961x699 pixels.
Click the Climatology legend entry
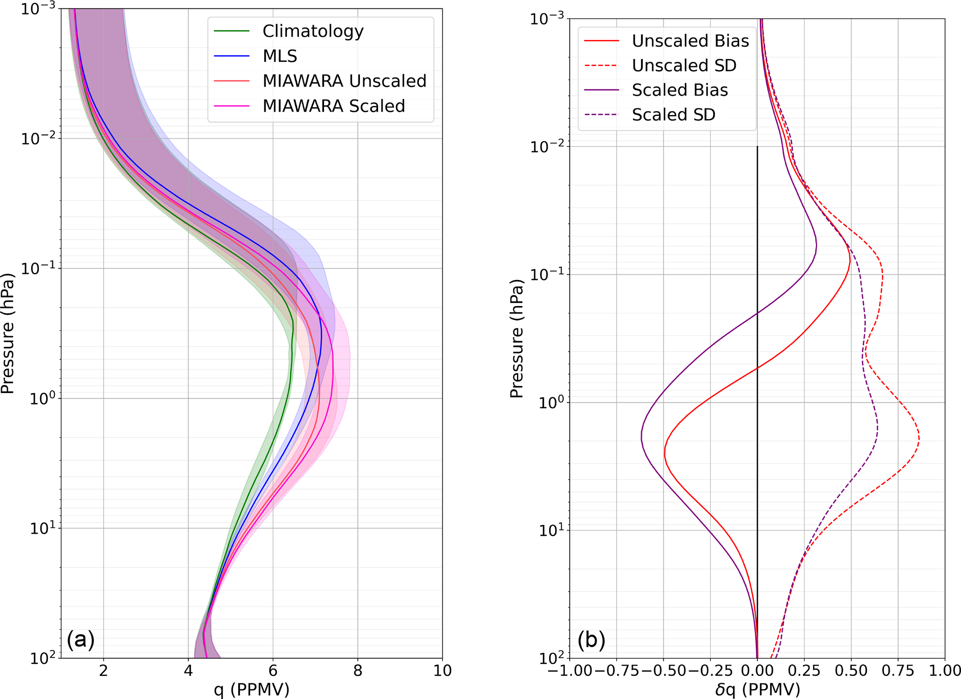pos(312,31)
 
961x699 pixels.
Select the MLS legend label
pos(279,56)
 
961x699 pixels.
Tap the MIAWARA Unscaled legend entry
pos(344,81)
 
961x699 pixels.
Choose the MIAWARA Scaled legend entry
pos(333,106)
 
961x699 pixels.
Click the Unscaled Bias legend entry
pos(690,41)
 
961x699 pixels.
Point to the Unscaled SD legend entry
pos(684,66)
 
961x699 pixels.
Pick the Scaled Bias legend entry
pos(679,90)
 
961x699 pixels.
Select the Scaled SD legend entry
pos(673,114)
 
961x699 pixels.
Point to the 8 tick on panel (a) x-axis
pos(358,671)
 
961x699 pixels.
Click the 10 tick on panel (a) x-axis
pos(442,671)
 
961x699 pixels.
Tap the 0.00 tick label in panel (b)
pos(757,671)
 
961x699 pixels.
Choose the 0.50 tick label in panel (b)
pos(851,671)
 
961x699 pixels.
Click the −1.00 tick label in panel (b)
pos(570,671)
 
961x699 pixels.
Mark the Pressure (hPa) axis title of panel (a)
pos(8,333)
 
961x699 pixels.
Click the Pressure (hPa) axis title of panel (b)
pos(517,339)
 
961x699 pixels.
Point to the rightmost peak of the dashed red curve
pos(919,438)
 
